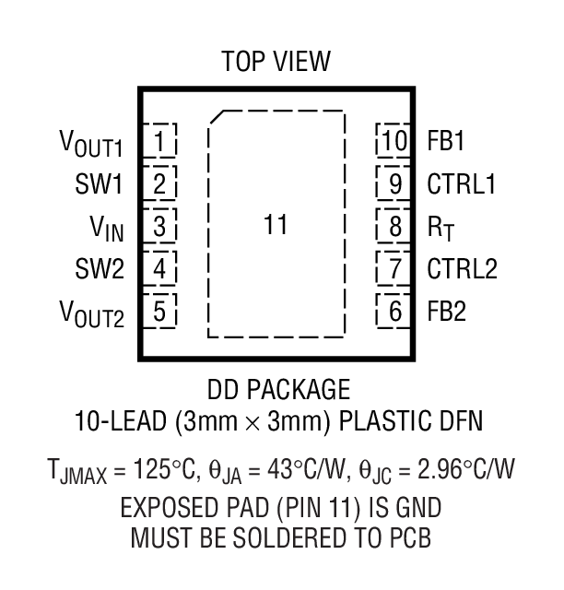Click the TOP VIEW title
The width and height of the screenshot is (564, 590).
click(x=276, y=62)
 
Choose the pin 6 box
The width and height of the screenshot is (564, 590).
click(x=394, y=312)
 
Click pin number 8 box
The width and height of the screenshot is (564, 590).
click(x=394, y=226)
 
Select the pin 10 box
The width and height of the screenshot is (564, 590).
click(x=394, y=142)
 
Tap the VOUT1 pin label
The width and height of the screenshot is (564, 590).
click(x=91, y=144)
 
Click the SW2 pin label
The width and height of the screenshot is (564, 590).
click(x=100, y=269)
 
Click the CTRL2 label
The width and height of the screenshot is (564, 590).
click(x=461, y=269)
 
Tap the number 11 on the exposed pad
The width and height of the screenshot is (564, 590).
click(x=276, y=224)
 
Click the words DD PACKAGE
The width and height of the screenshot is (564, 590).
click(x=276, y=387)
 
